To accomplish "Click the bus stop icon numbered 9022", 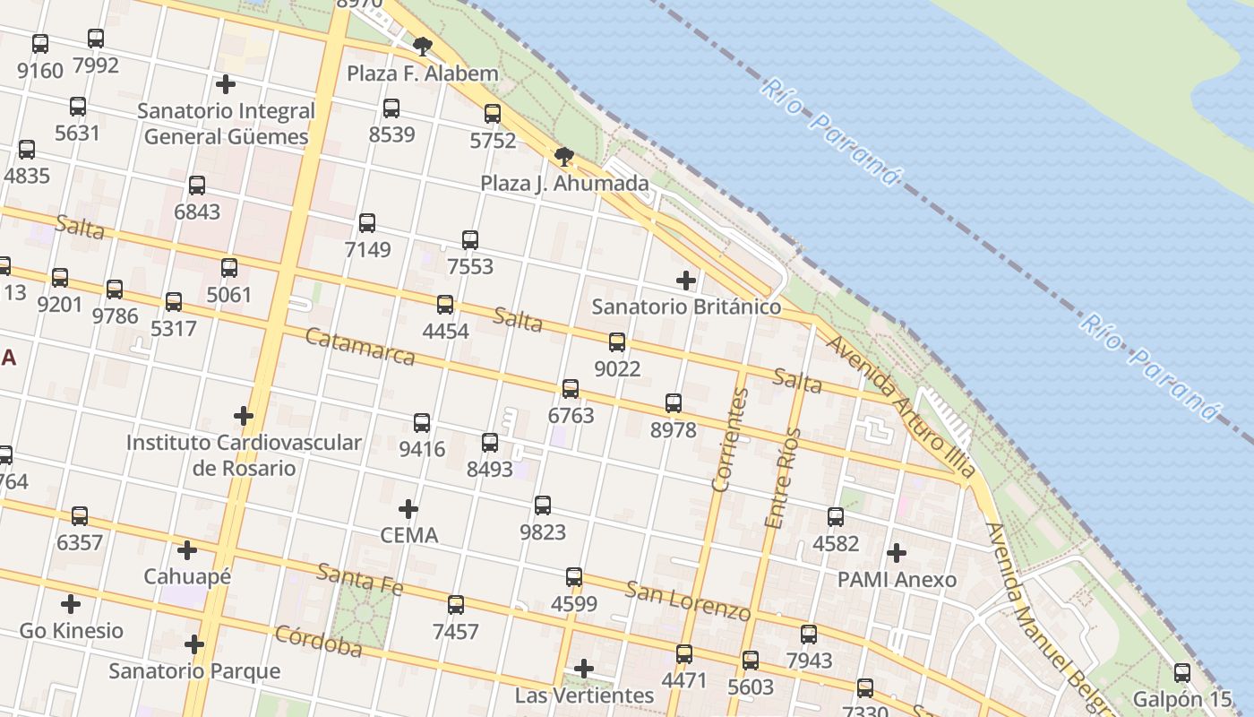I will click(x=617, y=341).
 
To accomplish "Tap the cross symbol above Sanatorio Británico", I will click(x=686, y=281).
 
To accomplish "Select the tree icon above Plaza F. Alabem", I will click(x=423, y=45).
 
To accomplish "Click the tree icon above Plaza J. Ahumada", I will click(x=564, y=157).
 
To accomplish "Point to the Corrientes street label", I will click(x=729, y=440).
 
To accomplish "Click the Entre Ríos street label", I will click(x=781, y=477).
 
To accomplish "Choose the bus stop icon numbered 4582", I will click(x=836, y=516).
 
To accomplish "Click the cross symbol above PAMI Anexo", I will click(x=897, y=553).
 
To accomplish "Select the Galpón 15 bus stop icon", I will click(x=1182, y=672).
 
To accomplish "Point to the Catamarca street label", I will click(x=360, y=347).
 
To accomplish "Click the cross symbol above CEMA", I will click(x=408, y=509).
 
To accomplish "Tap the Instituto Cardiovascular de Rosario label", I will click(x=244, y=455).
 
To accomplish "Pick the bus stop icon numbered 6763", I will click(x=571, y=388).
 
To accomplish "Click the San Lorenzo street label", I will click(x=688, y=600).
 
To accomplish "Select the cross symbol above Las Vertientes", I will click(x=584, y=669).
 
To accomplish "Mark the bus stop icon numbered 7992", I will click(x=96, y=39).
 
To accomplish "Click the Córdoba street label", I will click(x=318, y=641).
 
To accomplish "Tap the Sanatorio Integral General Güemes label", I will click(x=226, y=124).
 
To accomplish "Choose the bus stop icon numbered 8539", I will click(x=391, y=108).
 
